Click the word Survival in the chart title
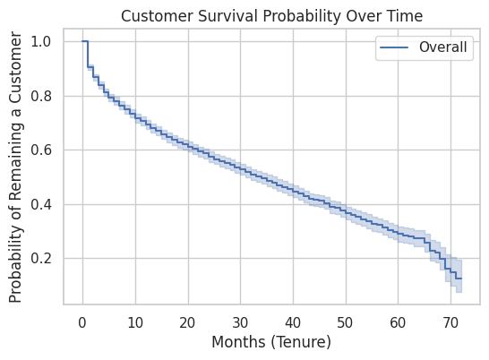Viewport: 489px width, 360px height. [229, 16]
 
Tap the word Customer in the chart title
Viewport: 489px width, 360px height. [158, 16]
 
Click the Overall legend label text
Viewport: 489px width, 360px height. [442, 47]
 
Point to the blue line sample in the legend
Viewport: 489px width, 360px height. [394, 47]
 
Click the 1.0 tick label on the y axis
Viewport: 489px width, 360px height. [41, 41]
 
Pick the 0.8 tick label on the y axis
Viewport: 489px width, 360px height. [41, 96]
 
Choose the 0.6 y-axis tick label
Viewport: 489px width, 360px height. [41, 150]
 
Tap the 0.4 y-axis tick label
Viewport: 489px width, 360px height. [41, 205]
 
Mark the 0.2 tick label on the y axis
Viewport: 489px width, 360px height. [41, 258]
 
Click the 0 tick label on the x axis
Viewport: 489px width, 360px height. [82, 323]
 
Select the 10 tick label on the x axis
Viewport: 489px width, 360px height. [135, 323]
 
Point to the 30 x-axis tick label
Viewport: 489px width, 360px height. [240, 323]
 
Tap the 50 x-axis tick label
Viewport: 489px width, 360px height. [345, 323]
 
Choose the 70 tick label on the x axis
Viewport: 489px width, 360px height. [450, 323]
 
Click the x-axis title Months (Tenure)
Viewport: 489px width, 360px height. [271, 342]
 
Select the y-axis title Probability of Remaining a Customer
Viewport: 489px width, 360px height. [15, 167]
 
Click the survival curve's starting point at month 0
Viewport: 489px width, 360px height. [82, 41]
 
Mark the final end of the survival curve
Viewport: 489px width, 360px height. [461, 279]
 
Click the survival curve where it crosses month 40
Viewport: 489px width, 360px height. [293, 190]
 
